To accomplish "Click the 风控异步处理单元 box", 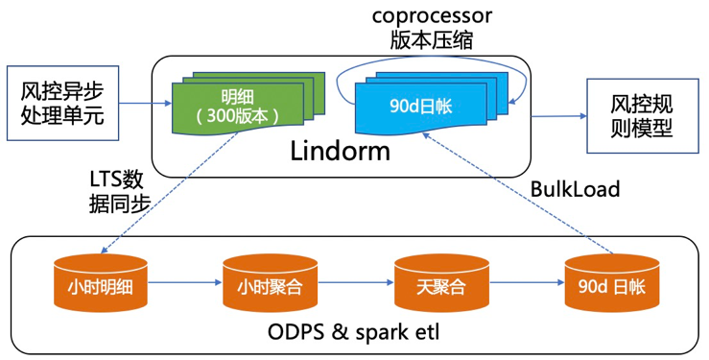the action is pos(63,103).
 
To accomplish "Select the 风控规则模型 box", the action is pos(643,116).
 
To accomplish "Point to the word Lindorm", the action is pos(340,151).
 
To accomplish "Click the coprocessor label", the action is pos(432,16).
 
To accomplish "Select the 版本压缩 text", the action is pos(432,39).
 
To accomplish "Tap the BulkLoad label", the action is pos(575,189).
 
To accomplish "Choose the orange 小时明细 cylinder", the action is pos(101,282).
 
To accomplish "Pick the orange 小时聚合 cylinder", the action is pos(270,282).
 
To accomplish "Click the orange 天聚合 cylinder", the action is pos(441,282).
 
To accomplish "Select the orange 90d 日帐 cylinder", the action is pos(612,282).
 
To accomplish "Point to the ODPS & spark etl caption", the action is pos(353,333).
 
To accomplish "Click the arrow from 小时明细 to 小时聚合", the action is pos(185,282).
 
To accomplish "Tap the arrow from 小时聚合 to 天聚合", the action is pos(356,282).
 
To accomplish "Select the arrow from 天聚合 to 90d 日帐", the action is pos(527,282).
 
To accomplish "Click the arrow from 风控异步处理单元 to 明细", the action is pos(146,104).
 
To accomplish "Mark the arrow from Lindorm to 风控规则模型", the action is pos(559,116).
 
